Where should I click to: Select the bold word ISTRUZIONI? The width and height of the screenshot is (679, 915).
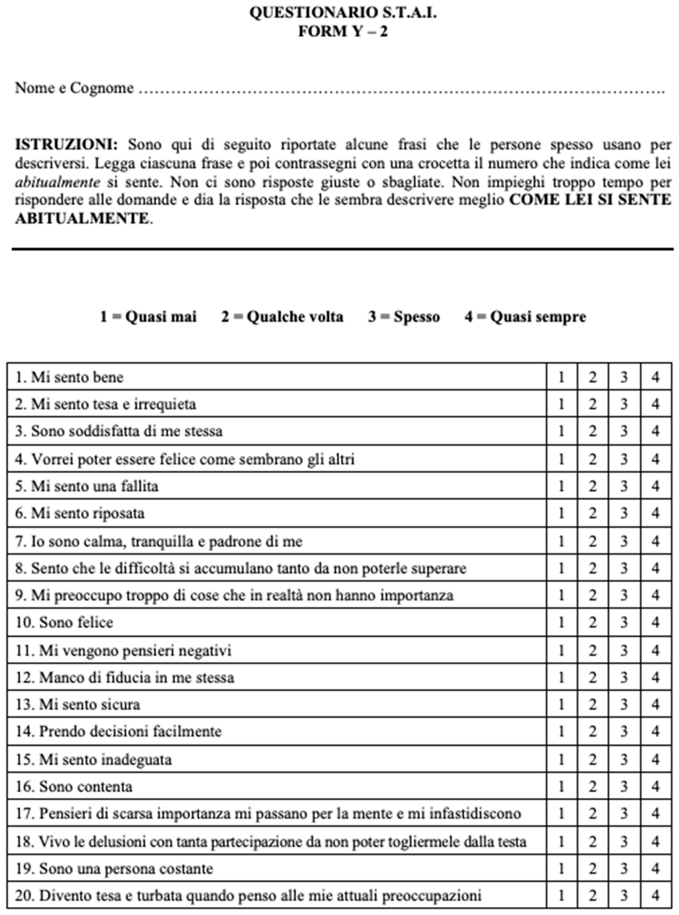point(66,145)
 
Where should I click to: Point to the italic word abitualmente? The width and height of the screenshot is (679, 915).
point(57,182)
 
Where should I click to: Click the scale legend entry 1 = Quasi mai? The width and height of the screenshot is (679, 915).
point(148,317)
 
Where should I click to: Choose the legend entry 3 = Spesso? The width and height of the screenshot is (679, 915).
point(404,317)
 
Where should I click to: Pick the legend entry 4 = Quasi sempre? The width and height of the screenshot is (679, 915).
point(525,317)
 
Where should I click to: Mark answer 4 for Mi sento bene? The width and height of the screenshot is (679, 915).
point(656,377)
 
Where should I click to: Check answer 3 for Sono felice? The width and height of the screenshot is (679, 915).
point(624,623)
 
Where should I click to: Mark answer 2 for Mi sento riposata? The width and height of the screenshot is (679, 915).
point(592,513)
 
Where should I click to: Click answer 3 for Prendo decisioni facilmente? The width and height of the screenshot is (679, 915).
point(624,731)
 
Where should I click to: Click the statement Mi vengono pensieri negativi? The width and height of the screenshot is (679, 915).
point(123,651)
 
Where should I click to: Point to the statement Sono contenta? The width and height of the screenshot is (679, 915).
point(74,787)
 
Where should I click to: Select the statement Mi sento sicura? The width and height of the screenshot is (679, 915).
point(78,705)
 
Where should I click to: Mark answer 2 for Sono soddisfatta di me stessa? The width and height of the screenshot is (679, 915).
point(592,431)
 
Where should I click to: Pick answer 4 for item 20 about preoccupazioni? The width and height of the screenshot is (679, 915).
point(656,895)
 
